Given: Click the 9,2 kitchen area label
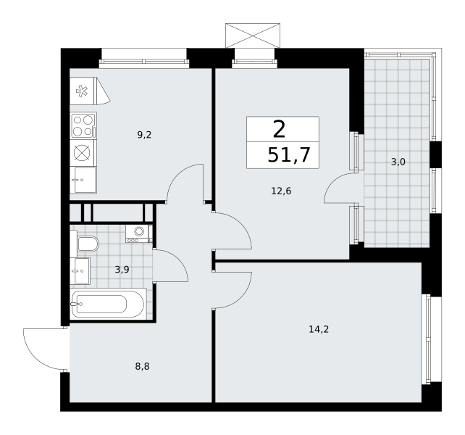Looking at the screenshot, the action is click(x=144, y=135).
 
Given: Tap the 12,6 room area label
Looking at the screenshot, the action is click(x=281, y=191).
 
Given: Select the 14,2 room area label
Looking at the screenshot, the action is click(x=319, y=329).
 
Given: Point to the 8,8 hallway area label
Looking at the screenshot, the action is click(x=143, y=367).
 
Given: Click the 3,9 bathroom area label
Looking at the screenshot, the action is click(x=122, y=270).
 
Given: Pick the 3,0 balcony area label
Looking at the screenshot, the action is click(x=398, y=162).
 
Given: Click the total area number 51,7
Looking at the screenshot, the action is click(x=289, y=155).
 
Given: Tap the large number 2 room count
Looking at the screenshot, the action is click(x=279, y=130).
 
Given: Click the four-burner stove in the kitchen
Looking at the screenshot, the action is click(x=83, y=125).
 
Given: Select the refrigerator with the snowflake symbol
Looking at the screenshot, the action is click(x=90, y=91).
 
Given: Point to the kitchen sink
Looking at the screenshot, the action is click(x=83, y=180).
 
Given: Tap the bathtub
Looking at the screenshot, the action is click(x=108, y=304).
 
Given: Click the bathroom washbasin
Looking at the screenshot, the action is click(x=80, y=271).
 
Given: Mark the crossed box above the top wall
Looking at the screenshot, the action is click(x=253, y=36).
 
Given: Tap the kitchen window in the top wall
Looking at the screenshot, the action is click(x=144, y=62).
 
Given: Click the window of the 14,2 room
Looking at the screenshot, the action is click(x=426, y=339).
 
